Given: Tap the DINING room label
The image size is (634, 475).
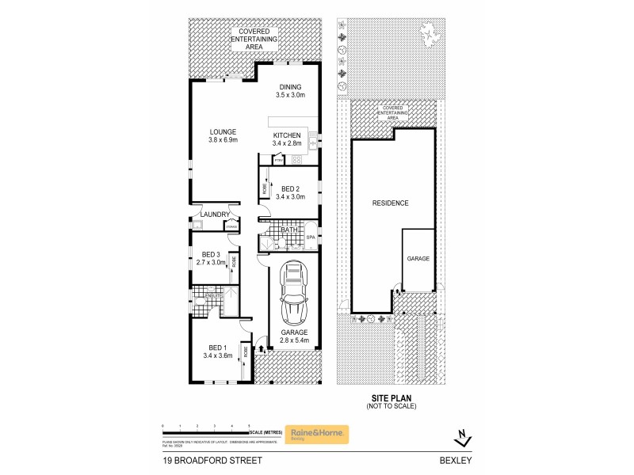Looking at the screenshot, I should pos(290,86).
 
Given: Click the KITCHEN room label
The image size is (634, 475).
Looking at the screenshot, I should pos(286,135).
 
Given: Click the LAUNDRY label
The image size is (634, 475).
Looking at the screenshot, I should pos(215,215).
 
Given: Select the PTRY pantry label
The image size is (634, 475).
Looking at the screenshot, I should pos(278,161).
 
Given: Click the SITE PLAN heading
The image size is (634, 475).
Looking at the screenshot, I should pos(391,400).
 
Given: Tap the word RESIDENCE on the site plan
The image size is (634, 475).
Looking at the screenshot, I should pos(390,203).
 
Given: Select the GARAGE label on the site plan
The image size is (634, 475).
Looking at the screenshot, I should pos(418,259).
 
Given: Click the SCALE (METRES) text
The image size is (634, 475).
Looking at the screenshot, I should pos(265,432).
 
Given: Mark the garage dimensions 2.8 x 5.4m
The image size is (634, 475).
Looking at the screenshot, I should pos(294,340).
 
